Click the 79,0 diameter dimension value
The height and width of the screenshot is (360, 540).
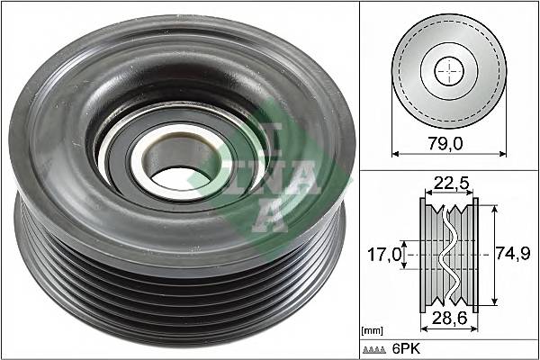[447, 141]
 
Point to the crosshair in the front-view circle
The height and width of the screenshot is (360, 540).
[447, 71]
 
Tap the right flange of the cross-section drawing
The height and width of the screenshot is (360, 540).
[472, 255]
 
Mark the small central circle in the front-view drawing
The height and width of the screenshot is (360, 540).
[447, 71]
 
